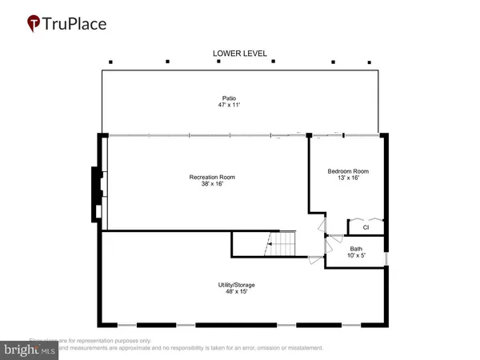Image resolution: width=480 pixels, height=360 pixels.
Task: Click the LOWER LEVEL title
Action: (x=238, y=54)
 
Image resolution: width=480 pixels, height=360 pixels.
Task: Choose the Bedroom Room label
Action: (x=348, y=172)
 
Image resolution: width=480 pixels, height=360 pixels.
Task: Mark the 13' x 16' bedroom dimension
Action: (x=348, y=179)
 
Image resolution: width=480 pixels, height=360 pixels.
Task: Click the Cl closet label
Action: (x=366, y=227)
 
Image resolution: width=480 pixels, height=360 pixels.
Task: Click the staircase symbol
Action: (x=282, y=244)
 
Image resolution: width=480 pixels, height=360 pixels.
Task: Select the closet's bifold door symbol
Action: (x=366, y=219)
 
